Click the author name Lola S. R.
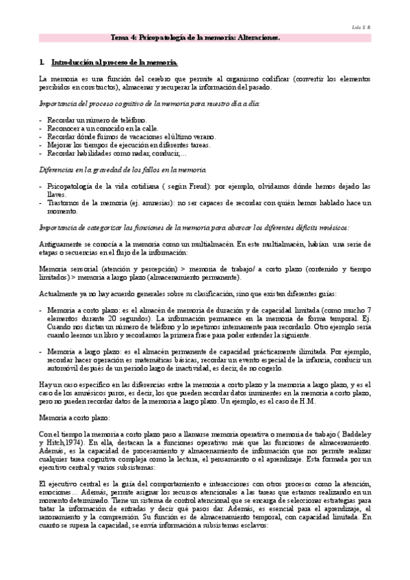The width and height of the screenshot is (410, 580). point(361,27)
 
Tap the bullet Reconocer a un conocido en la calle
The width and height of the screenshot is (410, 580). point(103,128)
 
